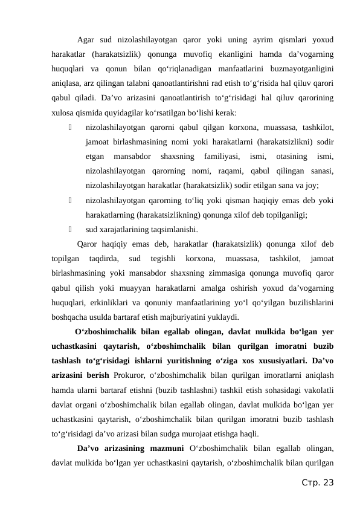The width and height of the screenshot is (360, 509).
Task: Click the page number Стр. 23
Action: (x=317, y=482)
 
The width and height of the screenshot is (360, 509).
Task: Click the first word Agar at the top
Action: (x=88, y=41)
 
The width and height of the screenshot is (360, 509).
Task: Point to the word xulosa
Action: (x=63, y=112)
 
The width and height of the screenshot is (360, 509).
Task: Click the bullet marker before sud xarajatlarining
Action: (x=71, y=229)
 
